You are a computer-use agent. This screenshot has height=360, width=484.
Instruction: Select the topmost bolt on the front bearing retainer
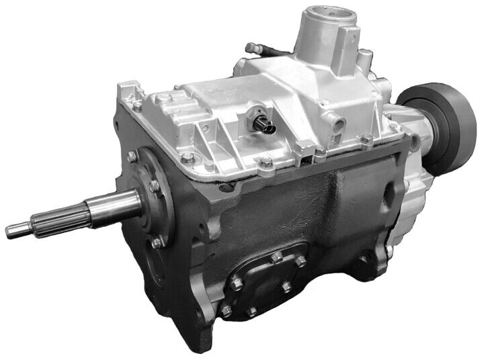coord(131,157)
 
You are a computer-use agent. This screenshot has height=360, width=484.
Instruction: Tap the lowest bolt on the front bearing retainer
coord(155,242)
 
